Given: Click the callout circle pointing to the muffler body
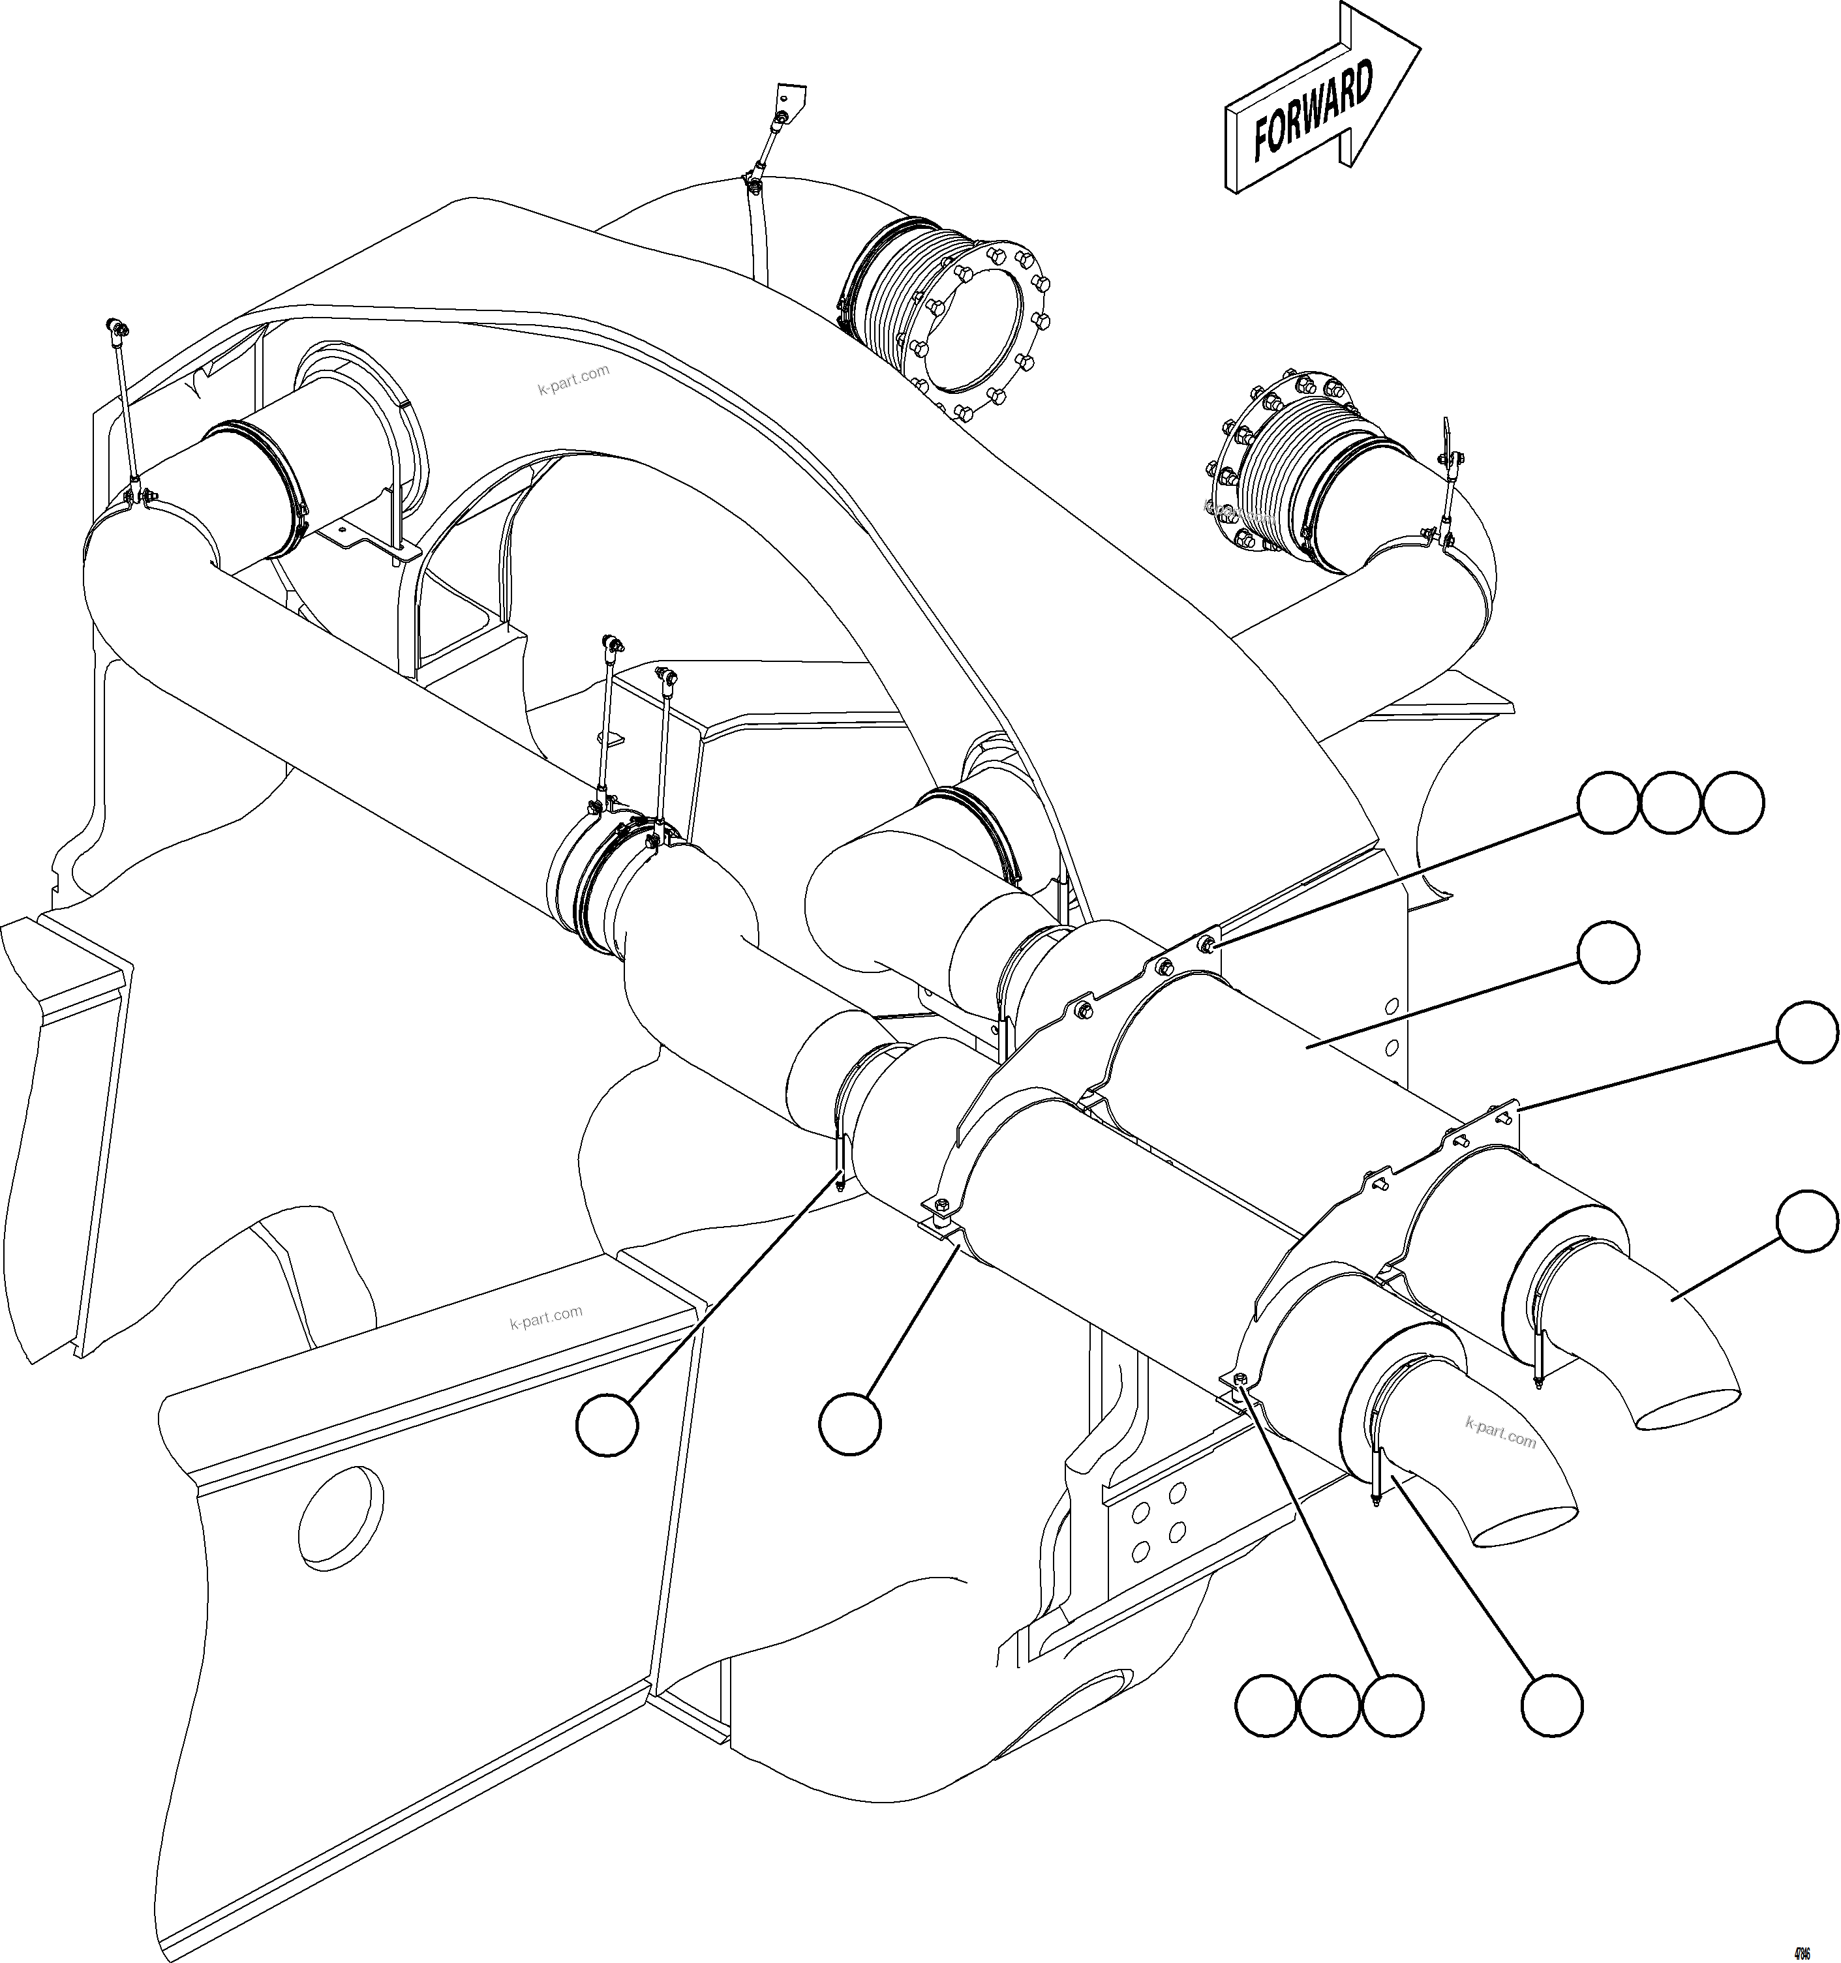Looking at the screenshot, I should [1608, 953].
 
